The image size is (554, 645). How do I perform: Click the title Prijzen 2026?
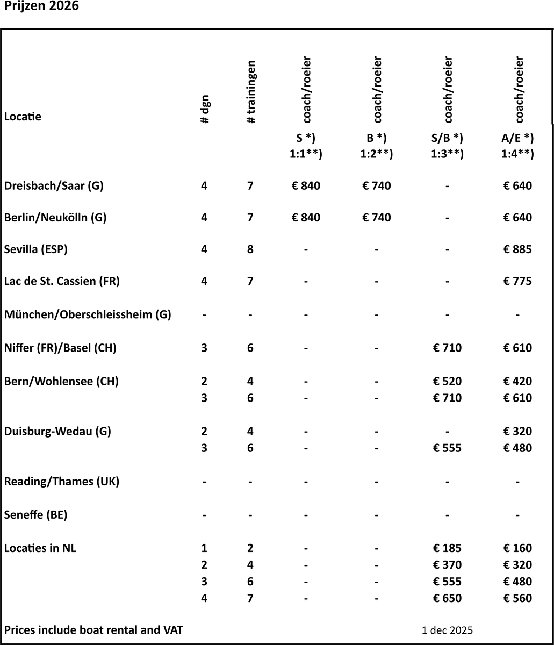click(41, 9)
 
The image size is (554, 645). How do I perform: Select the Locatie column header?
click(23, 117)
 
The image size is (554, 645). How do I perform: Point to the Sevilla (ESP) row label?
click(36, 249)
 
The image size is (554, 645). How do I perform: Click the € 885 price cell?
click(517, 249)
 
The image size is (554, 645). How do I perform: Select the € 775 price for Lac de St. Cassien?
click(517, 281)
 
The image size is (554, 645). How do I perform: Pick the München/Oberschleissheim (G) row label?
click(88, 314)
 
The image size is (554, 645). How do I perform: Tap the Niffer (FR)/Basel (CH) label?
click(60, 348)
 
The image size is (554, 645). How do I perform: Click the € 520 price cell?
click(447, 382)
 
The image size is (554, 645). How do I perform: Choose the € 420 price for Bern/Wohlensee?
click(517, 382)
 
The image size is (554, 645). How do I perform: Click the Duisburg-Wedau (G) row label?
click(57, 431)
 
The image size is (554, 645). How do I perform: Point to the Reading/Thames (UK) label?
click(62, 482)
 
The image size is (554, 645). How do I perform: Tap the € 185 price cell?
click(447, 548)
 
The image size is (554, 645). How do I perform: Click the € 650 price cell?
click(447, 598)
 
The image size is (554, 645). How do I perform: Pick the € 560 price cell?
click(517, 598)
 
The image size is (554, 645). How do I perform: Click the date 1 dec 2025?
click(447, 630)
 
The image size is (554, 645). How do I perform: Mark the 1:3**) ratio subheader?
click(447, 154)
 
